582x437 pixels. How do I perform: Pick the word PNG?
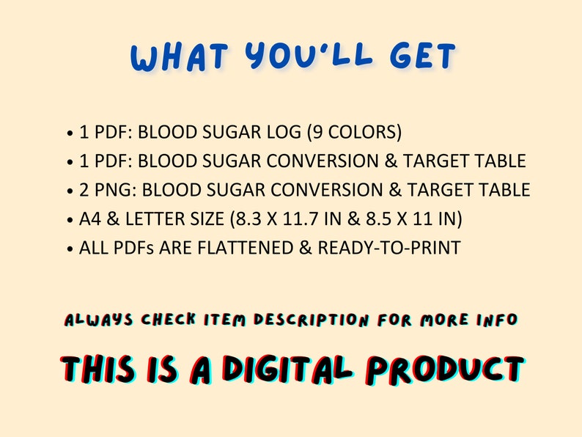pos(113,190)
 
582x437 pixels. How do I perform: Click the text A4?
pos(92,218)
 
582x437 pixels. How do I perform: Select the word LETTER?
pos(161,218)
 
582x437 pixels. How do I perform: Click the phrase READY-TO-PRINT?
pos(389,247)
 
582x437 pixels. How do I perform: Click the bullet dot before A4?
pos(70,220)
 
